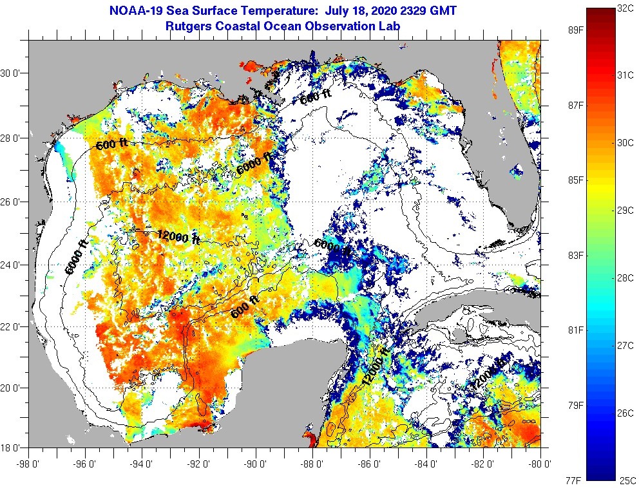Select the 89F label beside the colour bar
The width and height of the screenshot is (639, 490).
point(576,30)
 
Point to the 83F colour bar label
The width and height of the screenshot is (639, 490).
point(576,256)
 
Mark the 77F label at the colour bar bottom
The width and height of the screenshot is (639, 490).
point(576,480)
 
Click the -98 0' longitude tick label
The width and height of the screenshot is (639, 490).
point(28,462)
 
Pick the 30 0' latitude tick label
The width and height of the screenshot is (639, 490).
point(12,73)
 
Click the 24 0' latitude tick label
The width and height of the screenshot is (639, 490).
point(12,265)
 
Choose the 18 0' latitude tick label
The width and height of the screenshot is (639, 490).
point(12,448)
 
